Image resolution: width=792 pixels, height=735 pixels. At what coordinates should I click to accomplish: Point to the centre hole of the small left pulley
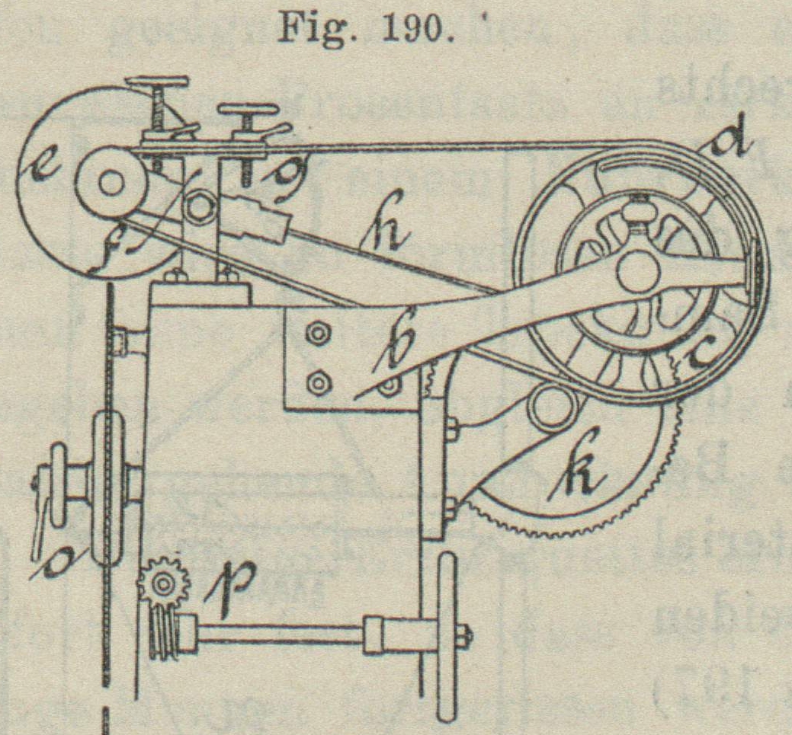coord(111,184)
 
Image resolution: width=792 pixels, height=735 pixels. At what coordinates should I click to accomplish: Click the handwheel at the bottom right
coord(446,636)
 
